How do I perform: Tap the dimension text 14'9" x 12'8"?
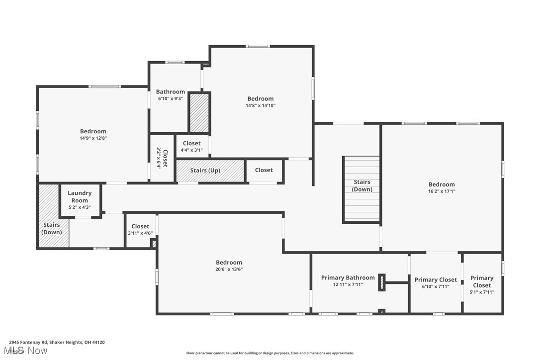point(93,138)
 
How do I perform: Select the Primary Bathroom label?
point(348,278)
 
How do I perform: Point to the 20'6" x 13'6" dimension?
point(229,270)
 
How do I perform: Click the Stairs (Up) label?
point(205,171)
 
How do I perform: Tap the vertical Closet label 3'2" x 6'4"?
point(162,158)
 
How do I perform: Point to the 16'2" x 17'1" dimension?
point(442,191)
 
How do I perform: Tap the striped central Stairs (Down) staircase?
point(362,189)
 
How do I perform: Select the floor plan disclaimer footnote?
point(270,353)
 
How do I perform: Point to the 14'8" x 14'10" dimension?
point(261,105)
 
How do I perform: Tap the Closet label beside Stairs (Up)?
point(264,170)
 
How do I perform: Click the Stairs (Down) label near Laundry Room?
point(52,229)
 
